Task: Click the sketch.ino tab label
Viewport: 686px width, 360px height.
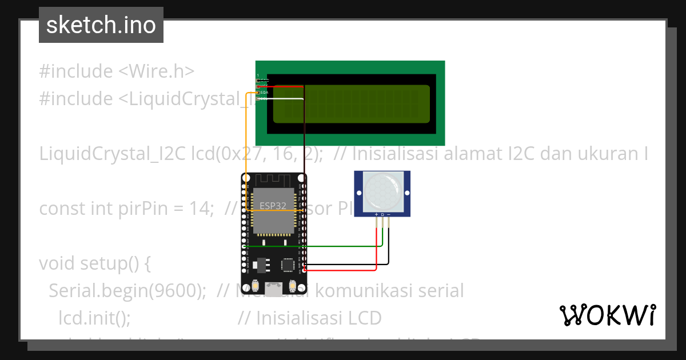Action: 101,25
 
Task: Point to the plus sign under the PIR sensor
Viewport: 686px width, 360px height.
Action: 376,214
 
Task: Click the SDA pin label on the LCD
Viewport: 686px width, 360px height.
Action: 264,92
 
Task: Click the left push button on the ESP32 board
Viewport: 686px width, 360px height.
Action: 255,286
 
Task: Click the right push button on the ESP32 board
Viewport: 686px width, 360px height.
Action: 293,286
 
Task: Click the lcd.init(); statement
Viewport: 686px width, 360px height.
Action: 95,318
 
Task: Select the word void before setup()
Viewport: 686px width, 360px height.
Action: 58,263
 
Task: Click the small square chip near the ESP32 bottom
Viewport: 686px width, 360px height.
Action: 289,265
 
